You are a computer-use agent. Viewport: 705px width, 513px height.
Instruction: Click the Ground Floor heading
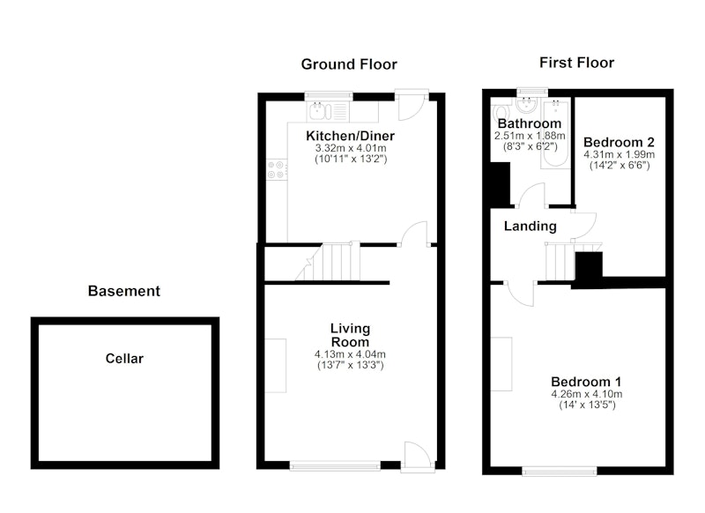(349, 64)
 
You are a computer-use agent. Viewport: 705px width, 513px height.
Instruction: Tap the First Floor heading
(577, 63)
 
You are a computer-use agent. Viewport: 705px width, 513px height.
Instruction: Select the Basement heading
(124, 291)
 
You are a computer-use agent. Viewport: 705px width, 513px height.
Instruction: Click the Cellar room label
(124, 359)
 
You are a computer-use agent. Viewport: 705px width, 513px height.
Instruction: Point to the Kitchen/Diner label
(350, 136)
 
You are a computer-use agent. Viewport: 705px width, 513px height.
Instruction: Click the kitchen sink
(320, 111)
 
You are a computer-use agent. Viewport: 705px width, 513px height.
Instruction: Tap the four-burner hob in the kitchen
(277, 170)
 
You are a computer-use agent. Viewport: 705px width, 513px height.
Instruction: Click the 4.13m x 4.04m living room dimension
(350, 354)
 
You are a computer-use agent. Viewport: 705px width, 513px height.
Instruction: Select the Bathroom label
(530, 123)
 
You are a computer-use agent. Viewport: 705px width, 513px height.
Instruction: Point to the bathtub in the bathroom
(556, 133)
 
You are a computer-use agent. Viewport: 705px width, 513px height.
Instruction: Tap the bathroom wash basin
(527, 105)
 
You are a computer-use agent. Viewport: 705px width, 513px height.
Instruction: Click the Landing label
(531, 226)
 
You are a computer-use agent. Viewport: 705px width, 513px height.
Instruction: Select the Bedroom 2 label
(619, 142)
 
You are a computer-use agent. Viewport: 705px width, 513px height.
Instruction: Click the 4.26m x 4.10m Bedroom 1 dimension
(587, 394)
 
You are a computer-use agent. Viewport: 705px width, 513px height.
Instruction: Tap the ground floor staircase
(328, 262)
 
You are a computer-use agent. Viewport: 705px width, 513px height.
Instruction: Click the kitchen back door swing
(412, 106)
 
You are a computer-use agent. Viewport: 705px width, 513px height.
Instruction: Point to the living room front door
(417, 457)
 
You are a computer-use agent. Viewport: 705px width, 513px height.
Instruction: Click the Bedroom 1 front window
(560, 471)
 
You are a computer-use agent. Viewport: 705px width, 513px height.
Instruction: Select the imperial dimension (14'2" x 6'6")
(620, 165)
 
